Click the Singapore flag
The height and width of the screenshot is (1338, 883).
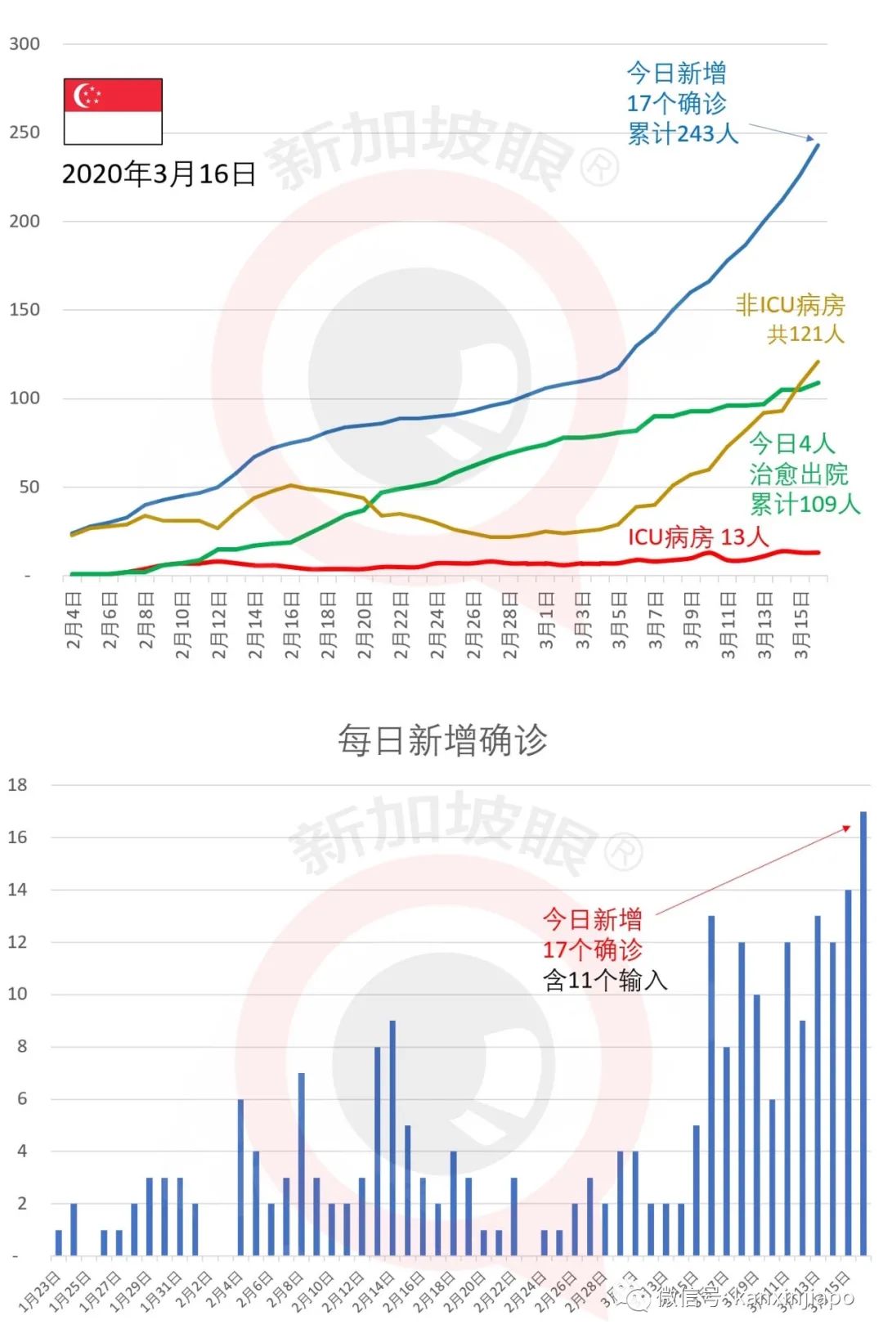coord(113,111)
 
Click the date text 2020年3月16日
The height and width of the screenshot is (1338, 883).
coord(159,174)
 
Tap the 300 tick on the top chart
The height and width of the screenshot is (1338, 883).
coord(25,44)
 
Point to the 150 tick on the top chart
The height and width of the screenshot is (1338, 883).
coord(25,310)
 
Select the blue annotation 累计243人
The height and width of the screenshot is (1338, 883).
coord(683,133)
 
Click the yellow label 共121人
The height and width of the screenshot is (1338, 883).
coord(805,334)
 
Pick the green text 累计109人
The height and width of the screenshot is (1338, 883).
coord(805,504)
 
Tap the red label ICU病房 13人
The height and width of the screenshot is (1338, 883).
coord(697,537)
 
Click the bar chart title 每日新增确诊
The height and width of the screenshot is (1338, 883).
coord(442,740)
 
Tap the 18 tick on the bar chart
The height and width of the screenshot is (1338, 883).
coord(18,785)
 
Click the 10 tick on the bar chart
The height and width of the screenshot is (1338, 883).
coord(18,995)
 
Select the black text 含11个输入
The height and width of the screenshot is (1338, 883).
coord(605,980)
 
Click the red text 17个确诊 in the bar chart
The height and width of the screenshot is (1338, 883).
coord(593,950)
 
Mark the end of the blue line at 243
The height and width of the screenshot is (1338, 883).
coord(818,146)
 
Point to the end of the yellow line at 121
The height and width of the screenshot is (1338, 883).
coord(818,361)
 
